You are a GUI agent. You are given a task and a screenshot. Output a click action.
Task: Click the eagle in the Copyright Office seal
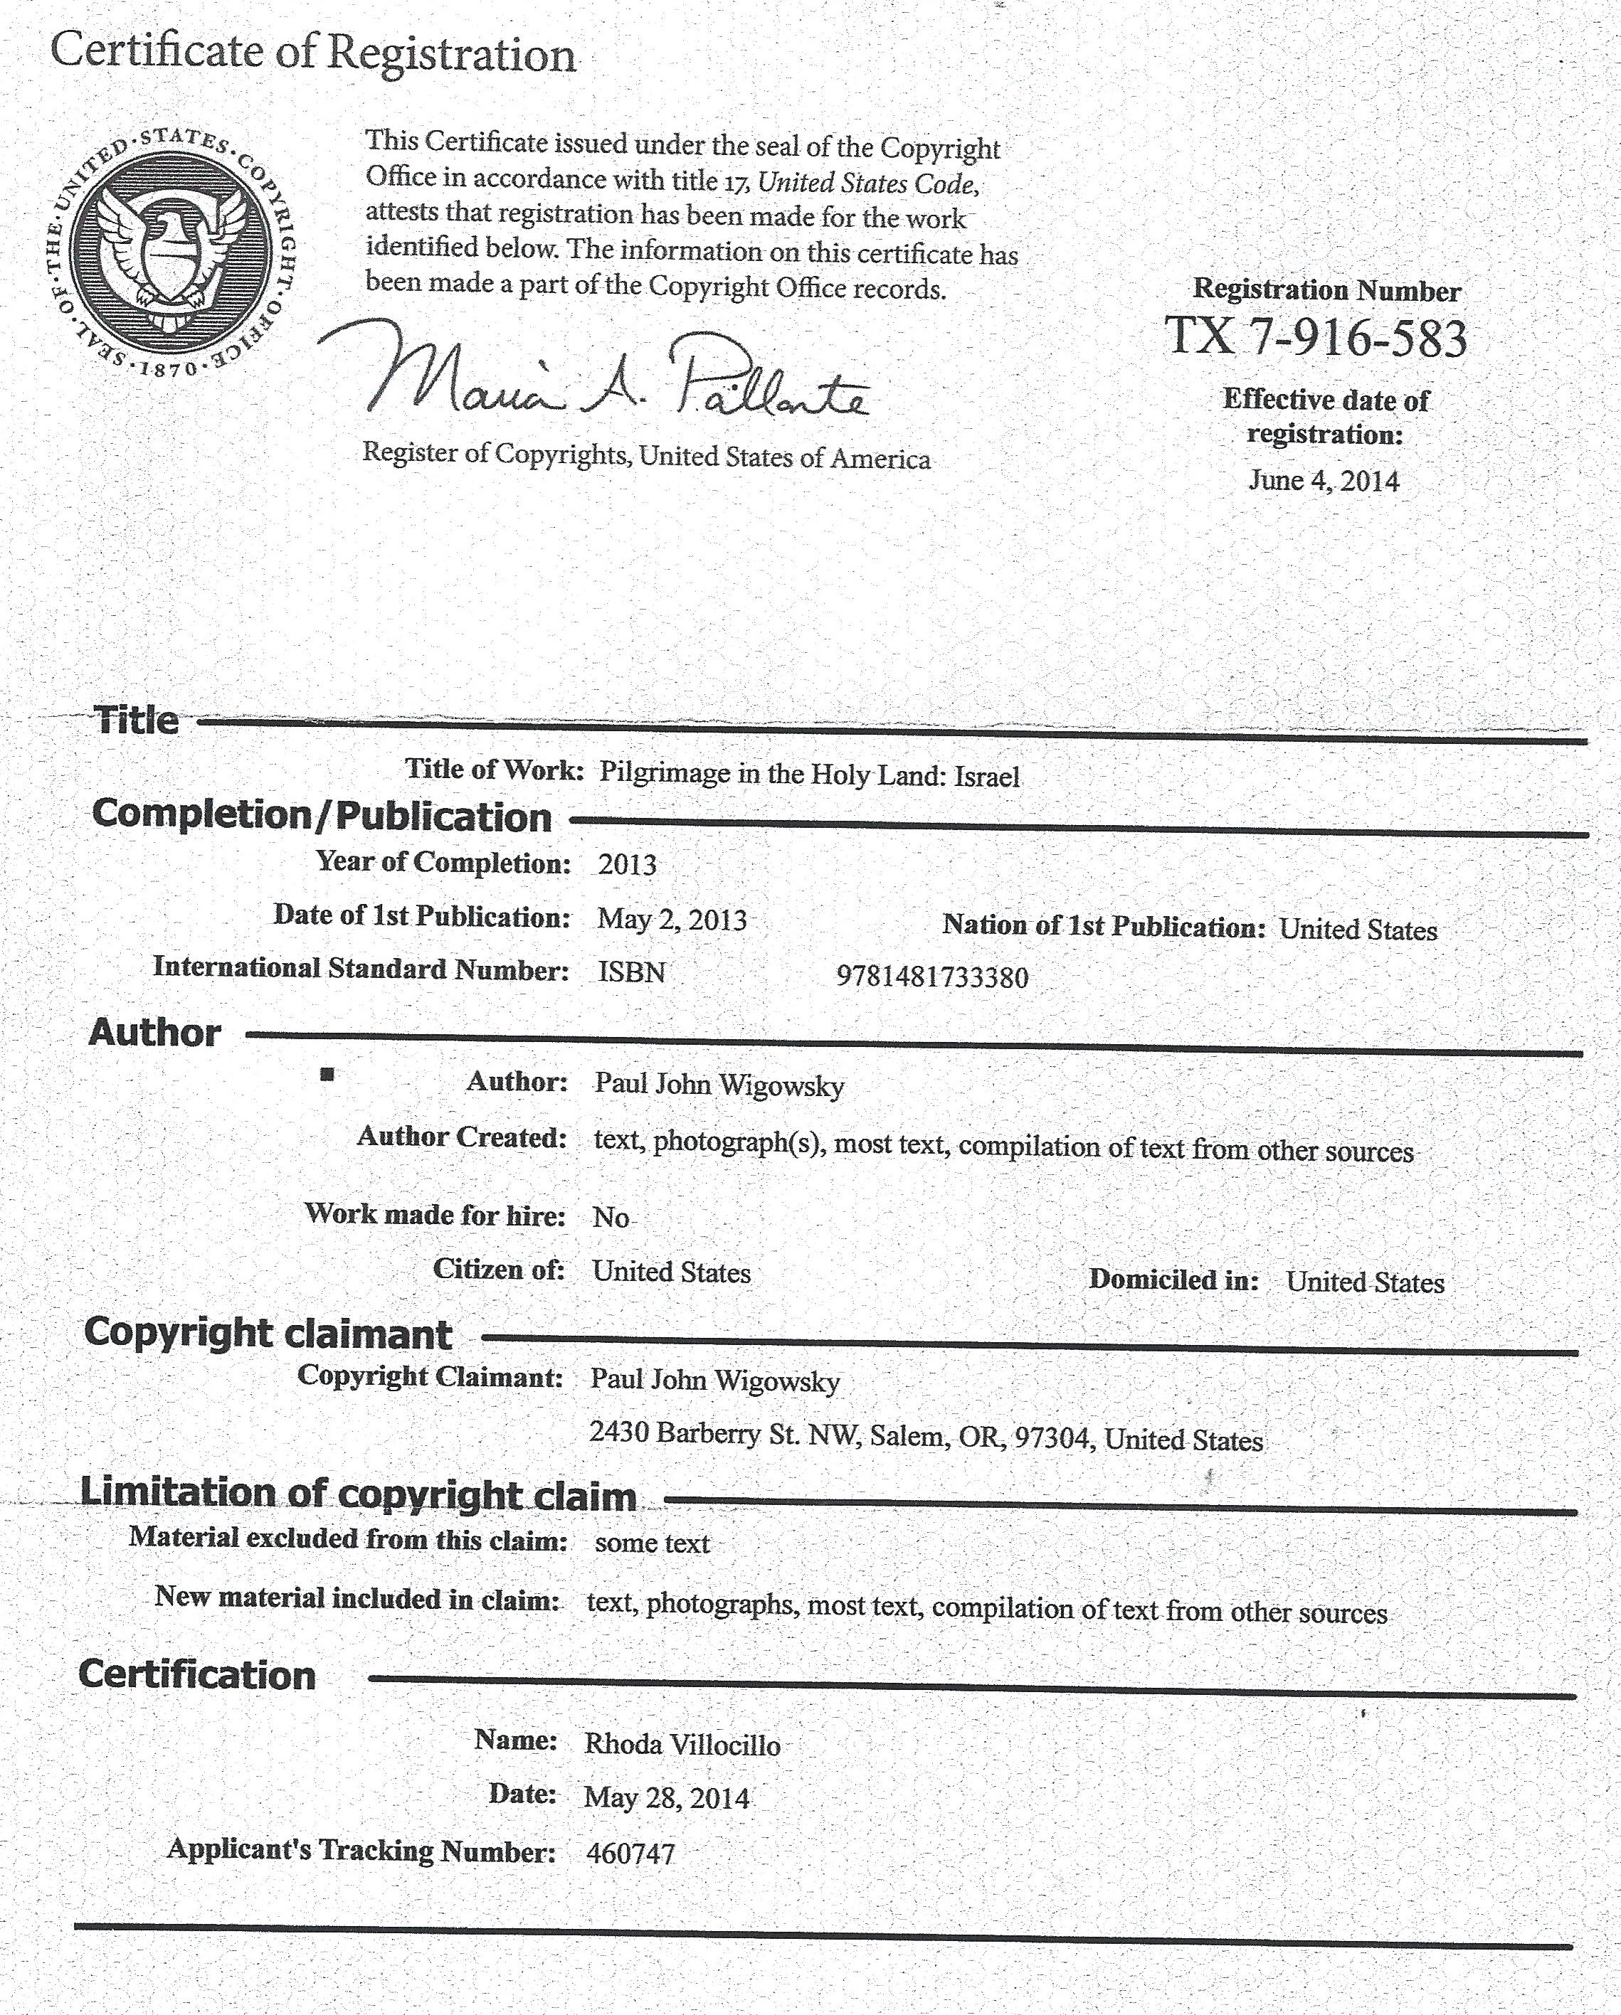click(171, 248)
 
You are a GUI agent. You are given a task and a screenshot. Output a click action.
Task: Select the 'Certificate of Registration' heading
click(312, 53)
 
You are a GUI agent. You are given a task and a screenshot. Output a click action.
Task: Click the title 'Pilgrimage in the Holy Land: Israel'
click(808, 775)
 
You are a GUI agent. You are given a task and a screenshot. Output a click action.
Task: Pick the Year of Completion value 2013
click(628, 863)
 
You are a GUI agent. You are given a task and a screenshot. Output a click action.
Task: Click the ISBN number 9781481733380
click(932, 977)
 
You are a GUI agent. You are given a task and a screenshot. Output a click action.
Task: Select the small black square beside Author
click(326, 1074)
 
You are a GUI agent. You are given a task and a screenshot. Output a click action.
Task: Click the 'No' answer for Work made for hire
click(611, 1217)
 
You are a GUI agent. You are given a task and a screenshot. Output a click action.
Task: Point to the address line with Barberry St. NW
click(926, 1437)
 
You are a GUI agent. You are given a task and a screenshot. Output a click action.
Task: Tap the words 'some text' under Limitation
click(652, 1543)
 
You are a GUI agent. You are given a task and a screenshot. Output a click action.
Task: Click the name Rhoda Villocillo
click(682, 1744)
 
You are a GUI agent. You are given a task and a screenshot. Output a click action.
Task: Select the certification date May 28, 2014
click(667, 1797)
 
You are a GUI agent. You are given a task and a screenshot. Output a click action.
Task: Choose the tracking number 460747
click(630, 1854)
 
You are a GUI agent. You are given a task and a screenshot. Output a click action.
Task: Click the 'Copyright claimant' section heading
click(268, 1333)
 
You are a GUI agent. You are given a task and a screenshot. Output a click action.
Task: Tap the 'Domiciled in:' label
click(1174, 1280)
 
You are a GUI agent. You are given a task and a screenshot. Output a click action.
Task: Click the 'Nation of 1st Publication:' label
click(1103, 925)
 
